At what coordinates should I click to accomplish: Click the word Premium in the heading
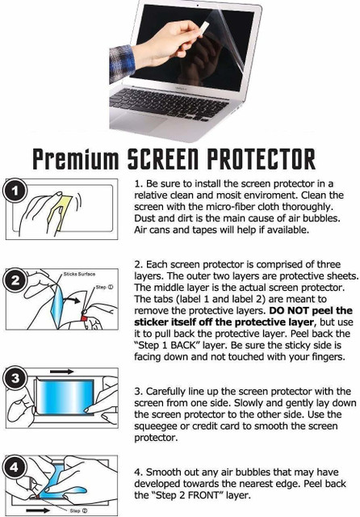click(75, 159)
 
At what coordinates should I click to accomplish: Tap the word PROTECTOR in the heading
click(261, 159)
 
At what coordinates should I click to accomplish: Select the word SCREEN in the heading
click(163, 159)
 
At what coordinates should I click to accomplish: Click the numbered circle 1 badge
click(15, 191)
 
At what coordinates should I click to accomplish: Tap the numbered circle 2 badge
click(15, 280)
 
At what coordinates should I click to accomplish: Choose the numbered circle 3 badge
click(15, 378)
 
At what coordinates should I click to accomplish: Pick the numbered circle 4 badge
click(15, 467)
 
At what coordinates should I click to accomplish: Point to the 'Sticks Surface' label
click(79, 274)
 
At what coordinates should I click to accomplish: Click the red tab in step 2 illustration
click(84, 317)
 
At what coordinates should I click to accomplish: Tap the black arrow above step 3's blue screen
click(61, 372)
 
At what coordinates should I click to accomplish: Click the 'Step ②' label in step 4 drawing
click(78, 511)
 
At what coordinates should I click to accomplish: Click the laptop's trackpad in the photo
click(138, 122)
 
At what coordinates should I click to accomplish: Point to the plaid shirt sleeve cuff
click(122, 64)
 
